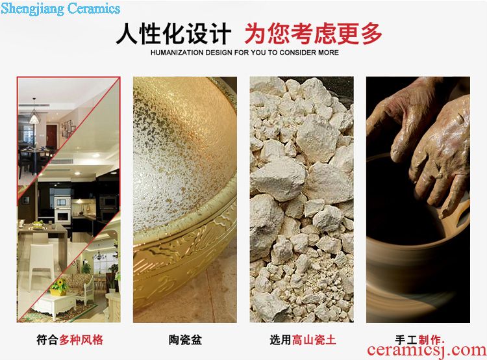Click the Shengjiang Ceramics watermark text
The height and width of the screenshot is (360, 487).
pyautogui.click(x=60, y=8)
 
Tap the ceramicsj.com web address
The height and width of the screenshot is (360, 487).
pyautogui.click(x=427, y=350)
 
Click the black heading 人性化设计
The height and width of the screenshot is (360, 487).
pyautogui.click(x=173, y=34)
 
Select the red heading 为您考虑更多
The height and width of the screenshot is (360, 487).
pyautogui.click(x=313, y=34)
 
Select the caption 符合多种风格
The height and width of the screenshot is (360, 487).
pyautogui.click(x=69, y=340)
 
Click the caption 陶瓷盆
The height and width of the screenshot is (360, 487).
pyautogui.click(x=185, y=340)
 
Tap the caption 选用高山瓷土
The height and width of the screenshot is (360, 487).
pyautogui.click(x=303, y=340)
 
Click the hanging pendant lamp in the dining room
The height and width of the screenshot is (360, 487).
pyautogui.click(x=34, y=115)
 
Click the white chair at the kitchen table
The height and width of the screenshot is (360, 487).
pyautogui.click(x=42, y=263)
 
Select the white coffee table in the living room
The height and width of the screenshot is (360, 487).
pyautogui.click(x=55, y=306)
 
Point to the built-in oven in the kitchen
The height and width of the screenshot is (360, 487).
pyautogui.click(x=63, y=210)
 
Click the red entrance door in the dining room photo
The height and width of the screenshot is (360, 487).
pyautogui.click(x=51, y=136)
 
